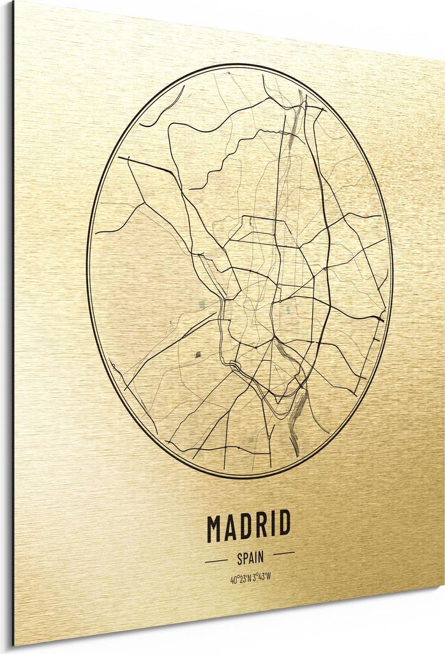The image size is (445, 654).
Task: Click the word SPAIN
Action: [250, 558]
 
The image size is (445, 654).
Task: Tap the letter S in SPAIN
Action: [240, 559]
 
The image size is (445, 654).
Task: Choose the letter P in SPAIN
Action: [245, 558]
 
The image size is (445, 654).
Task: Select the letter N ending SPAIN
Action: [260, 558]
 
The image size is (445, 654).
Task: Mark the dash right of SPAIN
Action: [283, 553]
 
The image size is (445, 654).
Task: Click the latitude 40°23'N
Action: [240, 579]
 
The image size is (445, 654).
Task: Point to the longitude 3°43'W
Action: [262, 577]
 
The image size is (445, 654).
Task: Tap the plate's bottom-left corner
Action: [15, 644]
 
